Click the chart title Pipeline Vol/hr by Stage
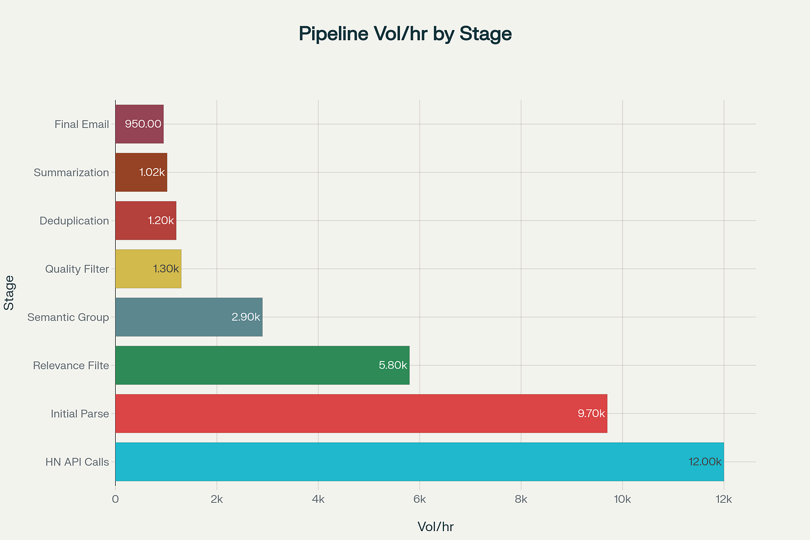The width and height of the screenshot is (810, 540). [x=405, y=34]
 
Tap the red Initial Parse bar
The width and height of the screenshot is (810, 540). [x=361, y=414]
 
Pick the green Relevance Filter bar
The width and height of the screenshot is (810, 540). [x=262, y=365]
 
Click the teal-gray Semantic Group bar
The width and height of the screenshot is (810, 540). [x=189, y=317]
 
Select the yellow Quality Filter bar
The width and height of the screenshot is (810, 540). [x=148, y=269]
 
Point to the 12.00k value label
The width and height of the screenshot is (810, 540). [x=704, y=462]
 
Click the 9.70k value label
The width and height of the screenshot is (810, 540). [x=591, y=414]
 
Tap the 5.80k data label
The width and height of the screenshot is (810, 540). [x=393, y=365]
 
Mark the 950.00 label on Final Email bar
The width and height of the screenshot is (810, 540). [x=143, y=124]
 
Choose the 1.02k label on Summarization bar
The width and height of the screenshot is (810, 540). [x=152, y=172]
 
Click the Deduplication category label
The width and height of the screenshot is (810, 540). [x=74, y=221]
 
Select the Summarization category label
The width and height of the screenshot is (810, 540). [x=71, y=172]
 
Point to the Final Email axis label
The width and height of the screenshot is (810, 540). [x=81, y=124]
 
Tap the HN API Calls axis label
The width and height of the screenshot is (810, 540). [x=77, y=462]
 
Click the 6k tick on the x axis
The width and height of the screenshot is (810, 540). [x=419, y=499]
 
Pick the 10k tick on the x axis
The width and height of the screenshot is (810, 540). [x=622, y=499]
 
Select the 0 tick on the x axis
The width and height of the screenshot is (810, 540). [x=115, y=499]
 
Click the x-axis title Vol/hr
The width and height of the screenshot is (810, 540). [x=435, y=527]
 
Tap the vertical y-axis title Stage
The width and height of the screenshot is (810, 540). [x=9, y=293]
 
